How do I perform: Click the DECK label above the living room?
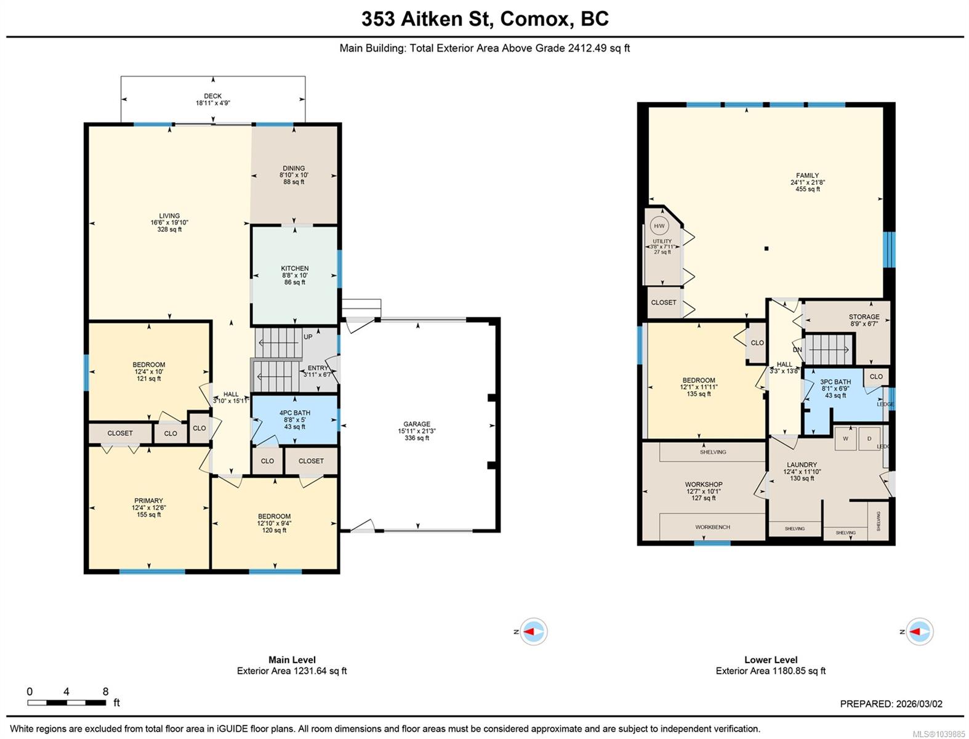tap(213, 96)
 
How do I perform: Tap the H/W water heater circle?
tap(659, 226)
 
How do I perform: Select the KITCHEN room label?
tap(294, 269)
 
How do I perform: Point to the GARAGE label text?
tap(417, 424)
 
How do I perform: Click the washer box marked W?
tap(845, 438)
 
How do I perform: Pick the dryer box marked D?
tap(869, 438)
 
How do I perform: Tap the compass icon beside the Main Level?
tap(533, 632)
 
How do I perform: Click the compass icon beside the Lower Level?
tap(919, 632)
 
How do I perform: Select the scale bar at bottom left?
tap(66, 703)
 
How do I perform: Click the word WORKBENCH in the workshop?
tap(712, 527)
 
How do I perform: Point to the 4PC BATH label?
tap(294, 413)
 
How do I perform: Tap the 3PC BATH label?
tap(835, 382)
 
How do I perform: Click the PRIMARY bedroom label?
tap(148, 501)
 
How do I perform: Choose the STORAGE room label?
tap(864, 317)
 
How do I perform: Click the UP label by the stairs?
tap(308, 337)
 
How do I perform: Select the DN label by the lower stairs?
tap(797, 350)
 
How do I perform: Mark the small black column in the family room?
tap(766, 249)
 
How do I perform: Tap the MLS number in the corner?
tap(939, 733)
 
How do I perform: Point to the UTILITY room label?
tap(662, 241)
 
